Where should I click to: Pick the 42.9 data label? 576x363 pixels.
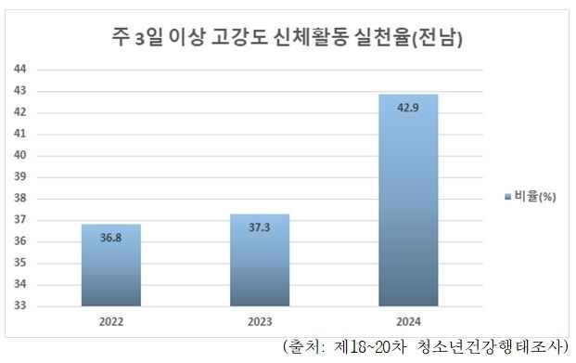[x=408, y=108]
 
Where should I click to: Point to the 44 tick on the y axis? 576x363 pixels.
[x=19, y=70]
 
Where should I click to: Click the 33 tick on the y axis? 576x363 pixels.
[x=19, y=306]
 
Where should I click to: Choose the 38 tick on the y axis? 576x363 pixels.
[x=19, y=199]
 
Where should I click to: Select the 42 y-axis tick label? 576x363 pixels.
[x=19, y=112]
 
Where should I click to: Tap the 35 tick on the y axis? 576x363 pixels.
[x=19, y=263]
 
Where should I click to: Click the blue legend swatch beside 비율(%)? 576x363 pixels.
[x=506, y=197]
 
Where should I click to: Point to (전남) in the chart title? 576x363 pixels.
[x=441, y=38]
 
